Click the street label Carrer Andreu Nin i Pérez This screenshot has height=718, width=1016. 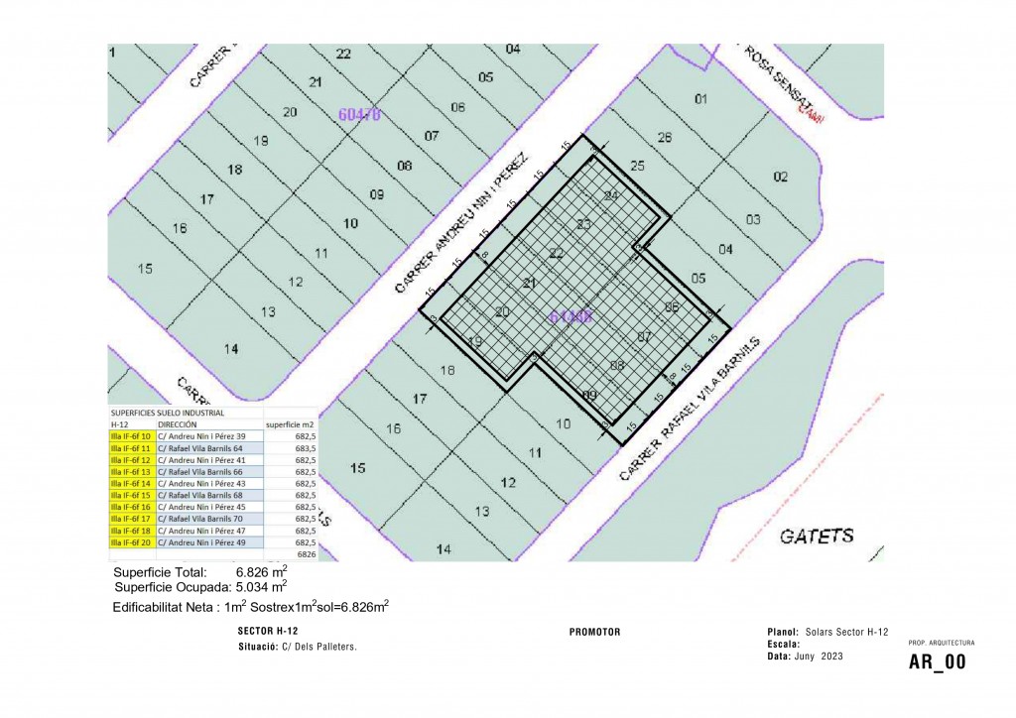pos(464,223)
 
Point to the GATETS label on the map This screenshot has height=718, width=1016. pos(817,537)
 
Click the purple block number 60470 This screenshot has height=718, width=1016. pos(359,114)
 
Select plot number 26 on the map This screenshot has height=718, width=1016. pos(665,137)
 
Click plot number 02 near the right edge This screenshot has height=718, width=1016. pos(781,177)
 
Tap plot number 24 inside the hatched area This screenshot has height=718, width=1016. pos(611,195)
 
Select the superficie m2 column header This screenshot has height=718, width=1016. pos(290,423)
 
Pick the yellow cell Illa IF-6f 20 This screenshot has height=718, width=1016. pos(131,542)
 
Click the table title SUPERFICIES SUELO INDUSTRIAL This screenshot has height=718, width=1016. pos(168,413)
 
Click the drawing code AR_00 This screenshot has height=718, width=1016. pos(937,662)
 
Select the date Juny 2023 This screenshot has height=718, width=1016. pos(819,656)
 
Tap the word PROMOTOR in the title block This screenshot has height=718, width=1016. pos(595,632)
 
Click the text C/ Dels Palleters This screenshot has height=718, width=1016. pos(319,647)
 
